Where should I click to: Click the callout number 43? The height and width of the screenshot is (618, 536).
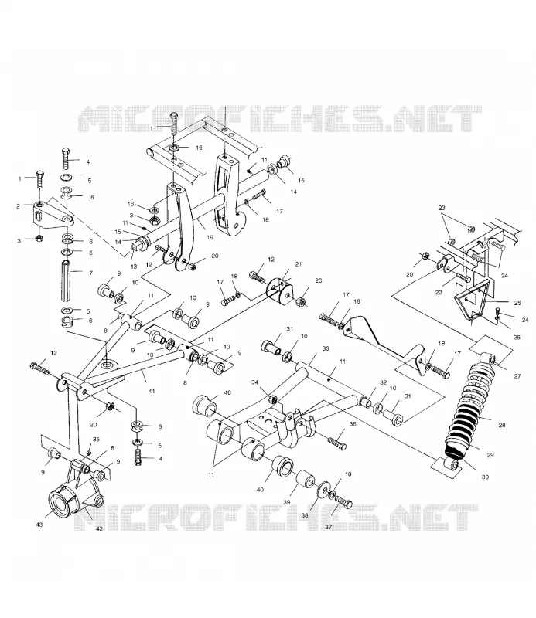39,525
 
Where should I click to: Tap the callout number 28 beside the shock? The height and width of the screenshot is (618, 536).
502,425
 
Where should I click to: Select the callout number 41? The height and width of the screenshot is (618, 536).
152,392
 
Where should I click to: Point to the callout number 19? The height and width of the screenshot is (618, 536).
210,237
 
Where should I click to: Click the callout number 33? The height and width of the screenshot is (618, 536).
325,348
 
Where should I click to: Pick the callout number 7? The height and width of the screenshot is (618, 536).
90,273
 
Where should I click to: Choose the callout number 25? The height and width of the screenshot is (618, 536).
517,303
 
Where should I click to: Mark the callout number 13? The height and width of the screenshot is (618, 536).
133,267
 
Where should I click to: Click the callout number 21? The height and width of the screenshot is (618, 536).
299,264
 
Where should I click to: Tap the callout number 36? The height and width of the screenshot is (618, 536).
353,424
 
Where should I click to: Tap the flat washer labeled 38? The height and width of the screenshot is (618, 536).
323,490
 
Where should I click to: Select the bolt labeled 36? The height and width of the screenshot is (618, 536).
336,442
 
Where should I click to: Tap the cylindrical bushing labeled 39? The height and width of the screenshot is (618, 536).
306,478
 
